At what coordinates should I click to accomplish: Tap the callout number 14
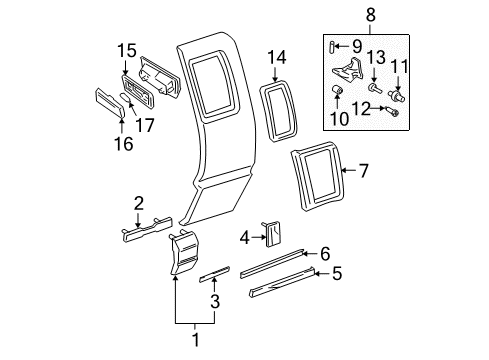click(277, 58)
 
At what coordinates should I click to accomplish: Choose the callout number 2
click(138, 206)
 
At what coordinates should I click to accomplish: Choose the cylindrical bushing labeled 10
click(338, 94)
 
